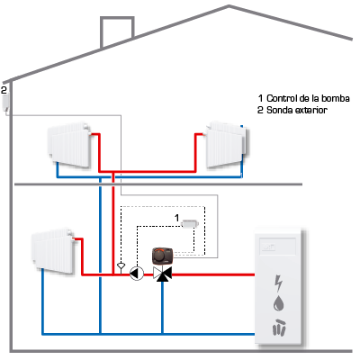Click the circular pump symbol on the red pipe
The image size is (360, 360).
[137, 274]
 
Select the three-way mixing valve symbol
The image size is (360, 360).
[162, 274]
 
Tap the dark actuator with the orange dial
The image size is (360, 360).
[163, 256]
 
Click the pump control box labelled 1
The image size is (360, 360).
[190, 223]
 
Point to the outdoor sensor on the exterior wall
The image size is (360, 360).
[5, 103]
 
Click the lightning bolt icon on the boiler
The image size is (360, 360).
[279, 283]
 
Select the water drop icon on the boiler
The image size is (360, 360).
[278, 303]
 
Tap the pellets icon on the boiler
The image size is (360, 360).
[279, 327]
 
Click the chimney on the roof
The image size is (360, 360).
[117, 31]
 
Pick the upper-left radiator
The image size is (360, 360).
[69, 144]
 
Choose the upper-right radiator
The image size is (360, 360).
[227, 144]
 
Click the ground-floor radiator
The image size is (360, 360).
[53, 251]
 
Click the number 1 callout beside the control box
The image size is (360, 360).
[177, 217]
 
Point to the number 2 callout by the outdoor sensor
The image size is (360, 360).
[4, 90]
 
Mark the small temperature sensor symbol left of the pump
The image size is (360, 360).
[121, 265]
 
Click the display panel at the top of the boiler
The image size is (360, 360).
[277, 247]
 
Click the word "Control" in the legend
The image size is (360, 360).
[282, 98]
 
